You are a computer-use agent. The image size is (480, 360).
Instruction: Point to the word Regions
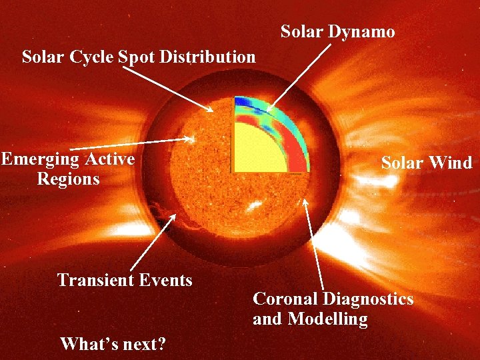coord(68,179)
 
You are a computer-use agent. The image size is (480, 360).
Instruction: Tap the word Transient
coord(93,280)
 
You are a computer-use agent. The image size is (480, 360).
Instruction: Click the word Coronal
coord(285,299)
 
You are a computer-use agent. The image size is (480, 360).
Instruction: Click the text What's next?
coord(113,344)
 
